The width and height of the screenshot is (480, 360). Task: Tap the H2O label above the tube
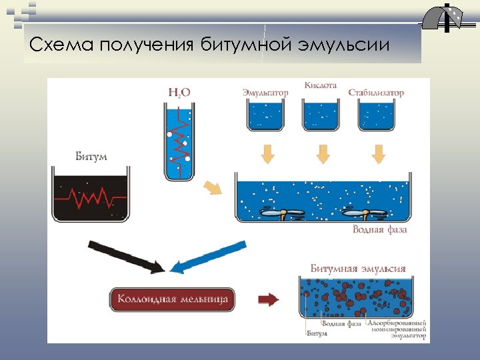tap(179, 93)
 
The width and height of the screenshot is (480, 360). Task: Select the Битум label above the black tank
tap(91, 157)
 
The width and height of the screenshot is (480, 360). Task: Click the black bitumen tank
tap(91, 197)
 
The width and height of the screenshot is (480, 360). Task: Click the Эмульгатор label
tap(265, 93)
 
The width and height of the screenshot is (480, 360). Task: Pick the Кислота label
tap(321, 85)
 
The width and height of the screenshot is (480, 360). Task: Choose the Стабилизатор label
tap(376, 93)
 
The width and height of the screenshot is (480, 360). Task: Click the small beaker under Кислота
tap(322, 116)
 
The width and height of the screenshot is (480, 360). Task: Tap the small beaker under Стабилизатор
tap(377, 116)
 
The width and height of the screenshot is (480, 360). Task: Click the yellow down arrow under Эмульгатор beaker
tap(267, 153)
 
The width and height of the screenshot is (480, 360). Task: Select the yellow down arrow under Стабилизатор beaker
tap(378, 153)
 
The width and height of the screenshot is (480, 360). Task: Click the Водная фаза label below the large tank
tap(379, 230)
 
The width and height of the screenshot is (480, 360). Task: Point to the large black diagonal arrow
tap(126, 255)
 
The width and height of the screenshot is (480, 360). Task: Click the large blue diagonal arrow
tap(207, 256)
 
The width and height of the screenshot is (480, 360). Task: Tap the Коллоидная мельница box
tap(173, 299)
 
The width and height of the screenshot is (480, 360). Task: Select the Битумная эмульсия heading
tap(358, 269)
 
